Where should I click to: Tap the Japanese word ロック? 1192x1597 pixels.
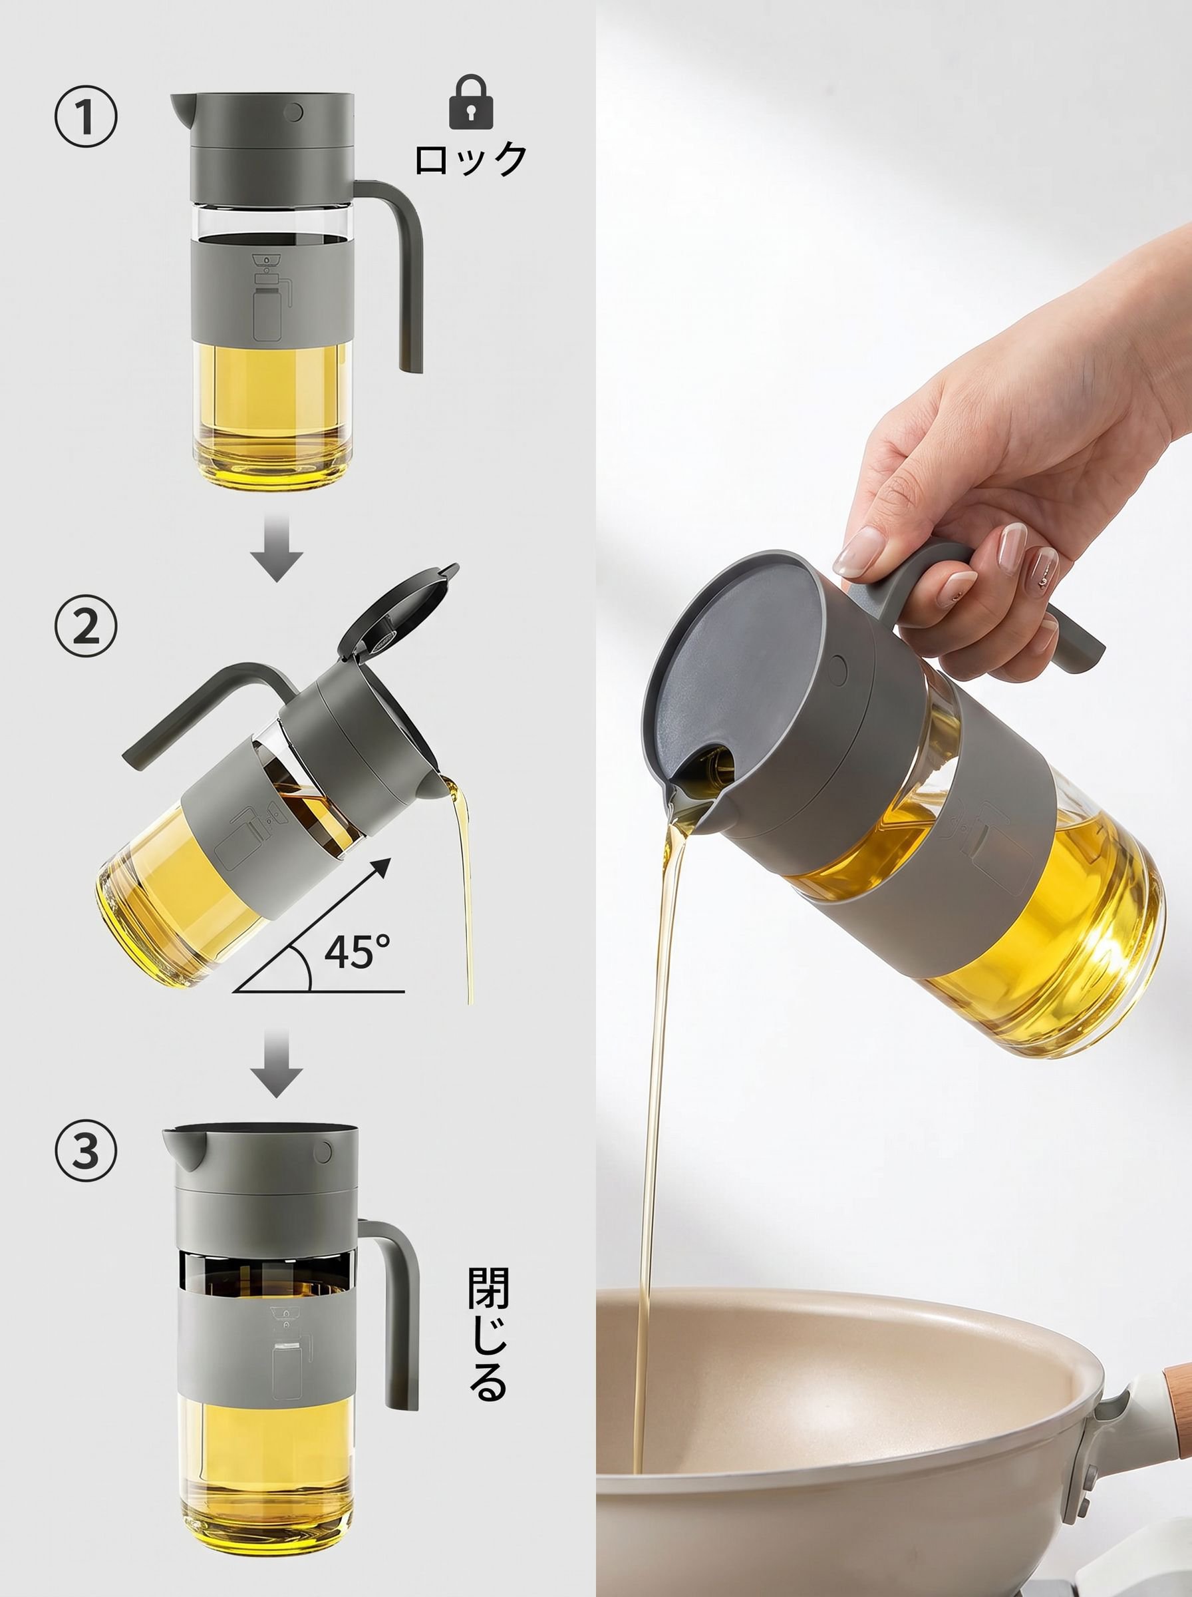(x=471, y=159)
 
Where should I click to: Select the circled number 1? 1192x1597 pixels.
(x=86, y=117)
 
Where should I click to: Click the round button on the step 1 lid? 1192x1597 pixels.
(x=293, y=112)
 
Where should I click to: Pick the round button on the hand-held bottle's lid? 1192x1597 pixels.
(x=837, y=669)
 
